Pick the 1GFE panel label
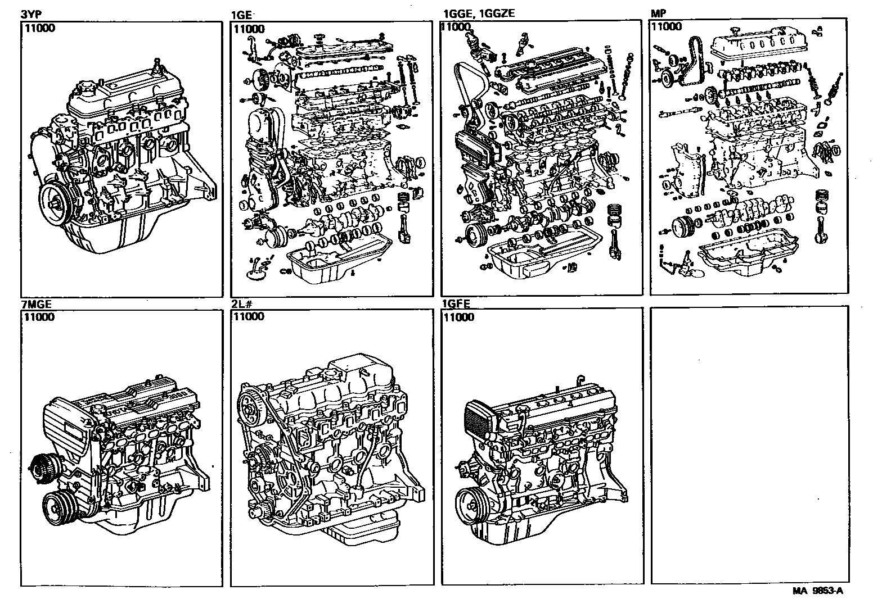pyautogui.click(x=456, y=305)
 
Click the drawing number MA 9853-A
pyautogui.click(x=818, y=591)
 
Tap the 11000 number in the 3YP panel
pyautogui.click(x=39, y=29)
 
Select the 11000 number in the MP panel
pyautogui.click(x=666, y=26)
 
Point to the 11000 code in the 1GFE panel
pyautogui.click(x=458, y=317)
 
